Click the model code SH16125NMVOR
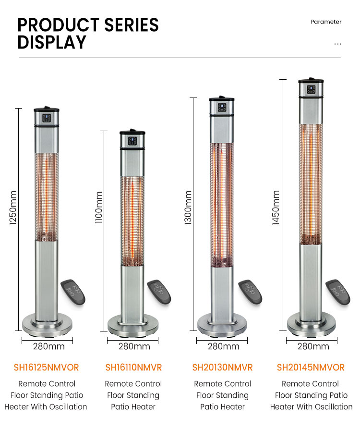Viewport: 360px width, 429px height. coord(46,367)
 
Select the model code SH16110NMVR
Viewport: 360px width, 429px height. coord(133,367)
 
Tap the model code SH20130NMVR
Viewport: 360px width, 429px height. coord(223,367)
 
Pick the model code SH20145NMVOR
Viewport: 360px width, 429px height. coord(311,367)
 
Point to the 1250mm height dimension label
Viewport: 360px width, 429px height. coord(13,208)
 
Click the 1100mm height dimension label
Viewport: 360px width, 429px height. coord(99,207)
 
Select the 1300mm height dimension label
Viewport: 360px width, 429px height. coord(188,208)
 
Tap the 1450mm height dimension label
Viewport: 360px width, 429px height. coord(276,208)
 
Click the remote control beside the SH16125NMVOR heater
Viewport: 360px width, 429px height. coord(73,292)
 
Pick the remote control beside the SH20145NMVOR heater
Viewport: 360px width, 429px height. coord(338,292)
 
